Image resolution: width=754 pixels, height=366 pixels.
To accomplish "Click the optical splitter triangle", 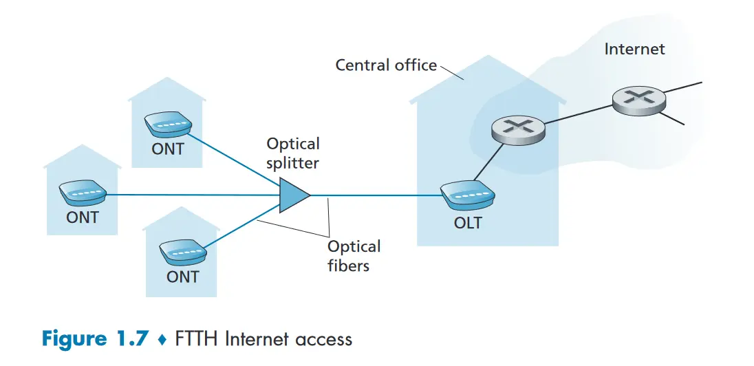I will point(293,195).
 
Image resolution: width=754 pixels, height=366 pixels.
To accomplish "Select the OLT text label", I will point(468,223).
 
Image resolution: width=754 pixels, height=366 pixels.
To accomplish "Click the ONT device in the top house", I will point(167,125).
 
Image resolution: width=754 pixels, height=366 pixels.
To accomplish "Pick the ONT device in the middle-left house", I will point(83,194).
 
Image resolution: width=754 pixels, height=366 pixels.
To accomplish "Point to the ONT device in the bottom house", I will point(182,253).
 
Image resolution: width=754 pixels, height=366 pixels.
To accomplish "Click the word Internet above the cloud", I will point(634,49).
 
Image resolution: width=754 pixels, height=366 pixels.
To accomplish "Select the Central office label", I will point(385,65).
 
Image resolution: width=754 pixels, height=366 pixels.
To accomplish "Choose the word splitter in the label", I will point(293,163).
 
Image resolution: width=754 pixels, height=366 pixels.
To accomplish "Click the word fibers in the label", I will point(348,266).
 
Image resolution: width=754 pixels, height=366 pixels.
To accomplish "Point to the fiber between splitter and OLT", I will point(375,195).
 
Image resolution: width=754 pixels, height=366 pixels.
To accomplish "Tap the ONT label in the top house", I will point(168,149).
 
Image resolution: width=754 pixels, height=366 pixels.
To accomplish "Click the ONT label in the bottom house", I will point(182,277).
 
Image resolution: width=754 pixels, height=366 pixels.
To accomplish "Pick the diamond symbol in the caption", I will point(162,340).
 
